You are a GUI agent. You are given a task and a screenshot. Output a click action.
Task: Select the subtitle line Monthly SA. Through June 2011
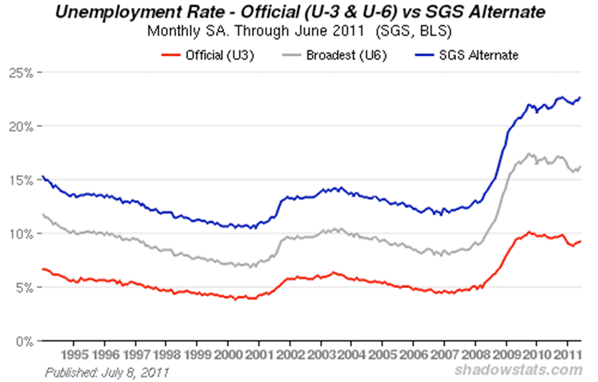pos(298,32)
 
